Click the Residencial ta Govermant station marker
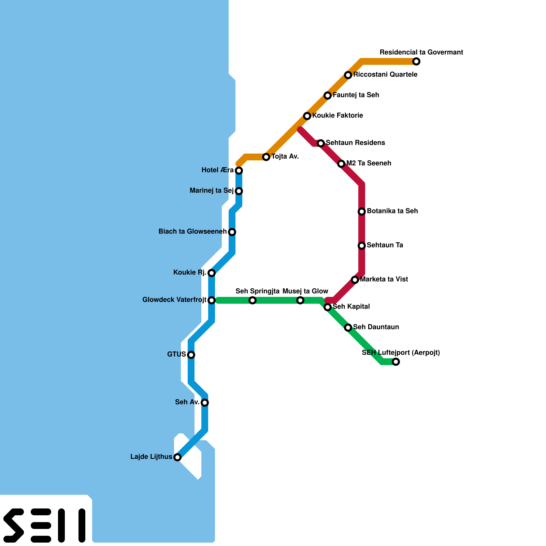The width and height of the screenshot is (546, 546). point(416,61)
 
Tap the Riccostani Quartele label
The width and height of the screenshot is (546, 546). point(385,75)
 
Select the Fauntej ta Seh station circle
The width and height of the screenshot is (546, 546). point(328,96)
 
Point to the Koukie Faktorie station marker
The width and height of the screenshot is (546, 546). point(307,116)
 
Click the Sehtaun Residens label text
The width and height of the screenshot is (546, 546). point(355,143)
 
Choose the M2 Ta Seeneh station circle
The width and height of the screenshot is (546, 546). point(341,164)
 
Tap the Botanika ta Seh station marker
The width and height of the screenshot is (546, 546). point(362,212)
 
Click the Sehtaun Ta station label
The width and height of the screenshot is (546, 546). point(385,245)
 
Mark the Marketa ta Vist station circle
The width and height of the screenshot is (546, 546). point(355,280)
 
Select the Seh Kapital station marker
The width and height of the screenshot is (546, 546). point(328,307)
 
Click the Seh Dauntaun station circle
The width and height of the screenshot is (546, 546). point(348,328)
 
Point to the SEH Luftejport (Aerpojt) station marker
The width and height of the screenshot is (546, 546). point(396,362)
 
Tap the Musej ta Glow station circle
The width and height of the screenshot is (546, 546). point(300,300)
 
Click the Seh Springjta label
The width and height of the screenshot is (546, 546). point(257,291)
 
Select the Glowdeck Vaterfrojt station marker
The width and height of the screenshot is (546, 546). point(212,300)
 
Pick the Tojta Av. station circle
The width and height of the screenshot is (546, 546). point(266,157)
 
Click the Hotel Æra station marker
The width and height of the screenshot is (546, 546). point(239,171)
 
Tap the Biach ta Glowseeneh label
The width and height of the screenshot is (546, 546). point(192,232)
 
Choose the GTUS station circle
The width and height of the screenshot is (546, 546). point(191,355)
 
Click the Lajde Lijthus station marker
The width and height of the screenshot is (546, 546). point(177,457)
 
